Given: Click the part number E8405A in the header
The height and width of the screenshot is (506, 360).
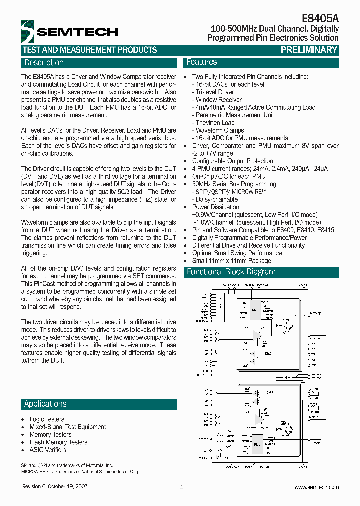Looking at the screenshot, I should click(x=321, y=18).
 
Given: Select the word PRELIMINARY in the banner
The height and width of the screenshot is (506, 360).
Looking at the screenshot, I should click(x=309, y=50).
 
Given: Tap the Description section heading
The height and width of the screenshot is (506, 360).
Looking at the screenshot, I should click(x=44, y=63).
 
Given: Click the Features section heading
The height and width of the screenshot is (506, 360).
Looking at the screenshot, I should click(x=202, y=62).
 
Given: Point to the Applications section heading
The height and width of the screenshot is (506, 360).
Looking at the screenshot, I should click(x=45, y=404).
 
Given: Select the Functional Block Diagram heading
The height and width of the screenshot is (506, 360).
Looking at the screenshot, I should click(x=231, y=272).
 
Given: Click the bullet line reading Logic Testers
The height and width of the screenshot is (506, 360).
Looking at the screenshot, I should click(x=47, y=419).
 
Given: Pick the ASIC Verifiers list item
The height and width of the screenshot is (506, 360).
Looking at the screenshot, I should click(x=48, y=450).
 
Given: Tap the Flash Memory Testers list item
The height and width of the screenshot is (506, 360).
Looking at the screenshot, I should click(x=58, y=442).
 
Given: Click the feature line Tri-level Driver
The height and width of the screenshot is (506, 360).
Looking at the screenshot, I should click(x=215, y=92).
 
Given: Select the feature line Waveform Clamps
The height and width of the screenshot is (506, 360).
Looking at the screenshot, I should click(x=219, y=130).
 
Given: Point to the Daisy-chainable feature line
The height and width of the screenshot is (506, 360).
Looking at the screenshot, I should click(x=217, y=199).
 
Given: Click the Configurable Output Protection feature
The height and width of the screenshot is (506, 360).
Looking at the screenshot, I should click(x=233, y=161).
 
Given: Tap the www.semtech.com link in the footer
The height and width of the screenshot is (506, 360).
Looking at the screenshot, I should click(x=316, y=487).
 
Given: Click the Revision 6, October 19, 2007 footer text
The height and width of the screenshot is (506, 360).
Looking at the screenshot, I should click(x=55, y=487).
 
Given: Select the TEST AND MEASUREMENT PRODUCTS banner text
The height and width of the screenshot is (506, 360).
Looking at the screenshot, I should click(x=90, y=50).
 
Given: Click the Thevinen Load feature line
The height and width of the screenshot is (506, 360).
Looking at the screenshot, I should click(x=215, y=123).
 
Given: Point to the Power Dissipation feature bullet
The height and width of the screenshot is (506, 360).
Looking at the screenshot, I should click(x=215, y=207).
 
